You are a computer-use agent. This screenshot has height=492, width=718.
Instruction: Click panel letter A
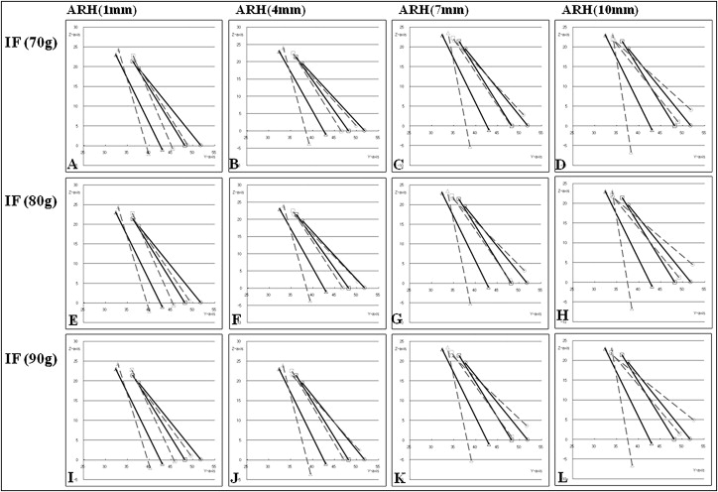(x=72, y=164)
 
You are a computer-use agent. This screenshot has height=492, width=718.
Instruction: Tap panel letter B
(x=233, y=164)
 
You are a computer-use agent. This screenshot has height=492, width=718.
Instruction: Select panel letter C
(x=397, y=164)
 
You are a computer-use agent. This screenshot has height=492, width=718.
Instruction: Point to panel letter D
(x=559, y=164)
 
